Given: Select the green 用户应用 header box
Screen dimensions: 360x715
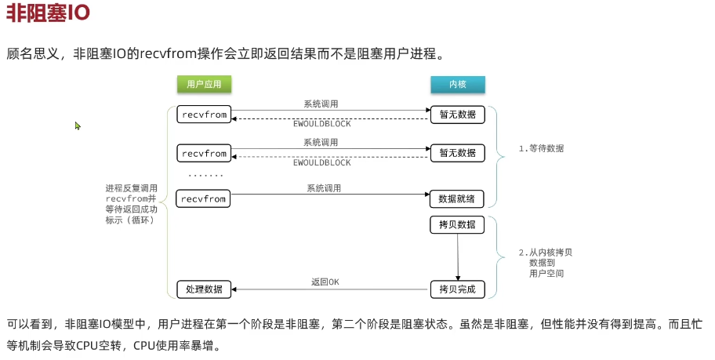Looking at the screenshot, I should (x=201, y=84).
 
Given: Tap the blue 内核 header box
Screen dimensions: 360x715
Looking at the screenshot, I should (x=457, y=84).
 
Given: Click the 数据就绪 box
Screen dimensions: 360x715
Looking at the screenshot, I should (x=457, y=199).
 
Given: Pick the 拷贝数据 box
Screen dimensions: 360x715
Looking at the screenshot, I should (x=457, y=225).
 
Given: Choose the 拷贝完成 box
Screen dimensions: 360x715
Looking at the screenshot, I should (x=457, y=289).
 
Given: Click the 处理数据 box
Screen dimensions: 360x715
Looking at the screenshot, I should (x=204, y=289).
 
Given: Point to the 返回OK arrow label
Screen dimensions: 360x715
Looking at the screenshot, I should (x=325, y=282).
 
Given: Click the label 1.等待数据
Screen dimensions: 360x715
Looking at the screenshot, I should (x=541, y=148).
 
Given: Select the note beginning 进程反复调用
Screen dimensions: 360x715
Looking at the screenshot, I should (x=131, y=204).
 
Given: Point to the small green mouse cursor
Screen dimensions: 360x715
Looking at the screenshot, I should (x=78, y=125).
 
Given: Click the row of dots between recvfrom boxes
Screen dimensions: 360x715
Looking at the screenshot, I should (x=205, y=176).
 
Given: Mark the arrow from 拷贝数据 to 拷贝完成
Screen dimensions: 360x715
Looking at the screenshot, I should (x=458, y=256).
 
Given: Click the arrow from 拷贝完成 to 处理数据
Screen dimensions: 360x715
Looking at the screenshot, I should (x=329, y=290).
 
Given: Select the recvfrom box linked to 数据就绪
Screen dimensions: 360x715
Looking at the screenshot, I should (x=203, y=199).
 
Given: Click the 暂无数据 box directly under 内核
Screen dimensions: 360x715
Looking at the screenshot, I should (x=457, y=115).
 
